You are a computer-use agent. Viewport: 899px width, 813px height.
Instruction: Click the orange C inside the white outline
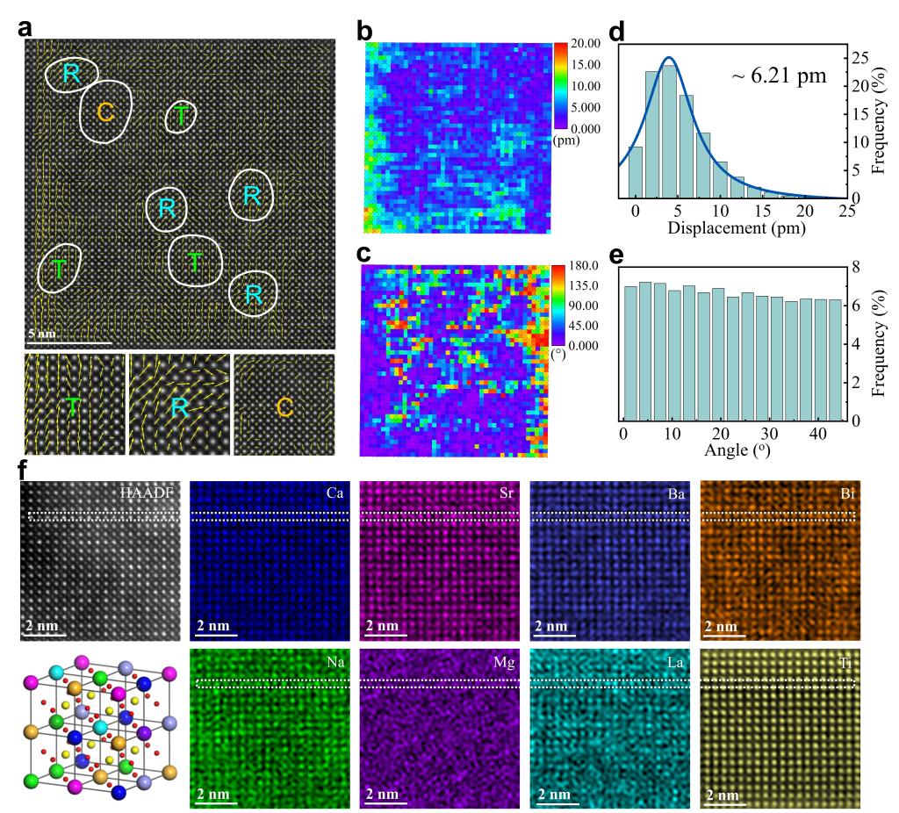[105, 112]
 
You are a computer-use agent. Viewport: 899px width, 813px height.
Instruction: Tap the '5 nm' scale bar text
[45, 334]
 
